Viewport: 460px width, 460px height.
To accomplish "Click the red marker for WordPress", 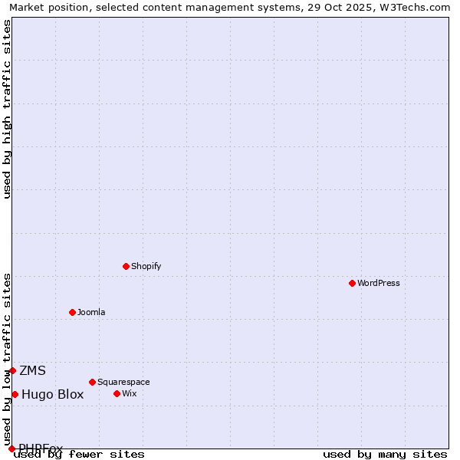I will (352, 283).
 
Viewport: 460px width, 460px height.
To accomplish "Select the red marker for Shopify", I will (126, 266).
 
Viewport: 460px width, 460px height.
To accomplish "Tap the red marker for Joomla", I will (72, 312).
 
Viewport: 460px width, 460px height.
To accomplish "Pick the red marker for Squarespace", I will (92, 382).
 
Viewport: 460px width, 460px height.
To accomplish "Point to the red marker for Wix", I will (117, 393).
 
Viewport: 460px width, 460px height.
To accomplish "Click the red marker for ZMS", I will (12, 370).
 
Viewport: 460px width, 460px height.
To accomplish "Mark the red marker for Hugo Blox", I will (15, 394).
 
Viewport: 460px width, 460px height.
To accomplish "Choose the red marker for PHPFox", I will (11, 449).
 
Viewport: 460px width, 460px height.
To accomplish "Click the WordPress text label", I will (378, 283).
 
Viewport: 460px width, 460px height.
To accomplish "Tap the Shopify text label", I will (146, 266).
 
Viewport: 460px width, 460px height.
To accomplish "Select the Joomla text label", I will (91, 312).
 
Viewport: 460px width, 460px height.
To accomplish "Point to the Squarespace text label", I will (123, 382).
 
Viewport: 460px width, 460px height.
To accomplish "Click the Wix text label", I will (129, 393).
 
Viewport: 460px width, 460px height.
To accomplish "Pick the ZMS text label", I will (32, 371).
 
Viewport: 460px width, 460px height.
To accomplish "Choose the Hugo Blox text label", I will (52, 395).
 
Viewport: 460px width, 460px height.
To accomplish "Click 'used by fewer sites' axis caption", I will (79, 455).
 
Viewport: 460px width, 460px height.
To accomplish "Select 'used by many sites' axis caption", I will (385, 455).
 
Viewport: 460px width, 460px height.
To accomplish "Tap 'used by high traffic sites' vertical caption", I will (7, 109).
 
